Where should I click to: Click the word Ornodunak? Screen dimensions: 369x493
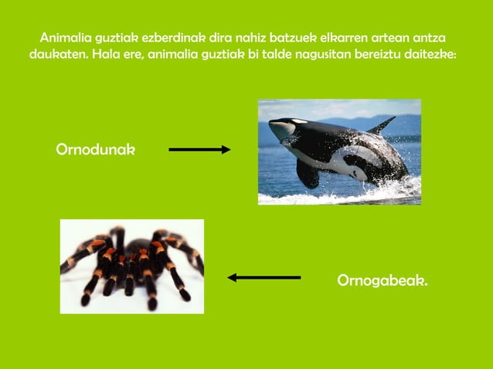(x=95, y=149)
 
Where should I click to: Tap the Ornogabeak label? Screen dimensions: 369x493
(x=382, y=280)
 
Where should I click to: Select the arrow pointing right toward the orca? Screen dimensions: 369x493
(x=199, y=150)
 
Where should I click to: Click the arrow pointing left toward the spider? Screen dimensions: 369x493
(x=264, y=277)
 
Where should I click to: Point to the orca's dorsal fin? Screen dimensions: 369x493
(x=382, y=124)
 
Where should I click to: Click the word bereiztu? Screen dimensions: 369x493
(x=389, y=55)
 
